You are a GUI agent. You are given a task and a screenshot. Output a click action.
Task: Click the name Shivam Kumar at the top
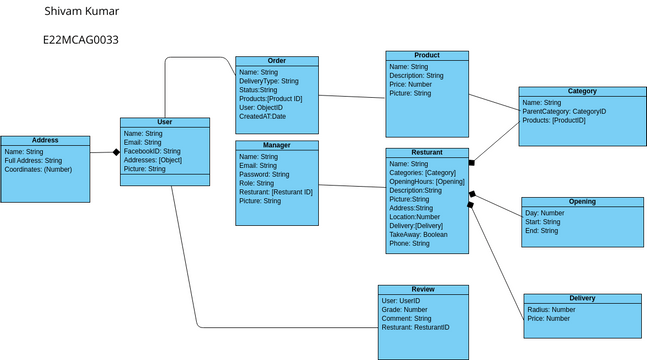point(82,12)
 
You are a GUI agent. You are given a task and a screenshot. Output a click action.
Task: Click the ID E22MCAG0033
point(81,40)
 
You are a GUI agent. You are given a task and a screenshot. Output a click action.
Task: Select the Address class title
point(45,141)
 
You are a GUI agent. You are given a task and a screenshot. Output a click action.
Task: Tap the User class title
point(165,122)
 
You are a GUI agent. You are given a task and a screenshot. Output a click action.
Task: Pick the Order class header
point(277,61)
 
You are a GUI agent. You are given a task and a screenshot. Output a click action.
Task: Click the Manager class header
point(277,146)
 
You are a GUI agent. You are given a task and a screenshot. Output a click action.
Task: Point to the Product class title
point(426,55)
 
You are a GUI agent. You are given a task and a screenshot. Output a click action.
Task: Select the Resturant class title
point(427,153)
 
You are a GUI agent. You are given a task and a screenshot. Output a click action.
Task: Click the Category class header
point(581,91)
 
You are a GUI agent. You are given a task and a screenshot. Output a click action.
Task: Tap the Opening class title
point(582,202)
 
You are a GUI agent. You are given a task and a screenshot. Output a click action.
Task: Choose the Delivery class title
point(582,299)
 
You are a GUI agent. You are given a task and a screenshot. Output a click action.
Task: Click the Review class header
point(423,289)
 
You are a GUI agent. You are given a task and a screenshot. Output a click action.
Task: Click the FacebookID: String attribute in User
point(152,151)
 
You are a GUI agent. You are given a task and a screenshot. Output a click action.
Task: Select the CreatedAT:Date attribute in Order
point(263,117)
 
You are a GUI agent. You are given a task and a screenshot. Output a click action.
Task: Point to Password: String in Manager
point(265,175)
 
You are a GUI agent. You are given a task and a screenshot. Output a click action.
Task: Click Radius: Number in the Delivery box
point(549,310)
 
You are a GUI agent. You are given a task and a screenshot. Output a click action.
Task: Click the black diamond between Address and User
point(116,153)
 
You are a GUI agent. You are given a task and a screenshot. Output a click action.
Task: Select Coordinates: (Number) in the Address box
point(38,170)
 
